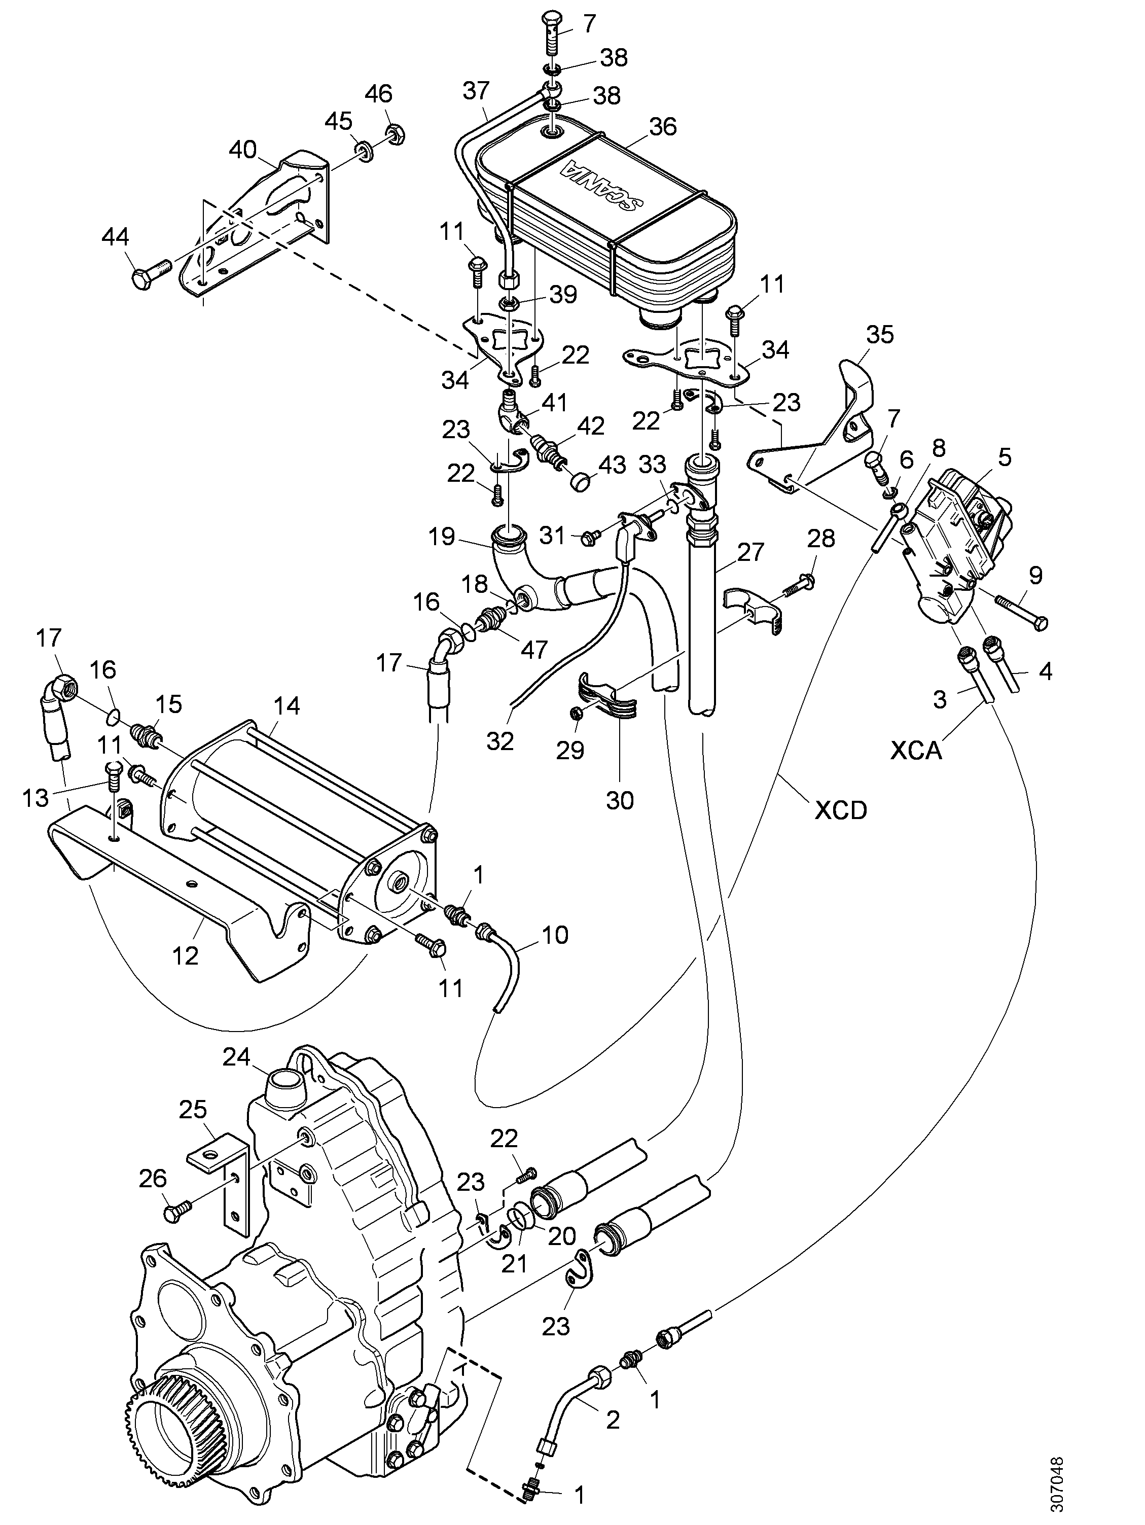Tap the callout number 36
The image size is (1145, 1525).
[x=662, y=126]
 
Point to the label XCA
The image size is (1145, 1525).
[x=915, y=750]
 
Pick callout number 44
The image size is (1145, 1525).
[x=115, y=237]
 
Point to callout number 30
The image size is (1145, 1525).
[x=620, y=800]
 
